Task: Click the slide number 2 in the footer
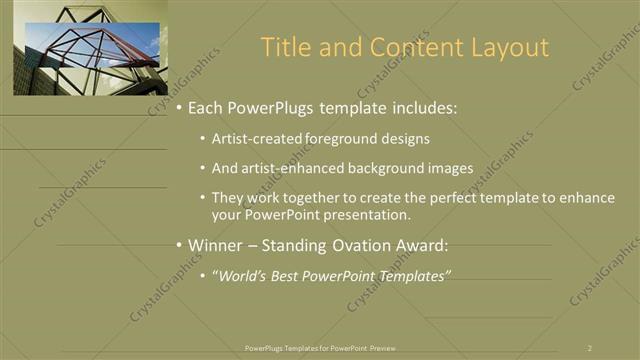click(x=590, y=347)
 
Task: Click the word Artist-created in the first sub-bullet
click(x=252, y=139)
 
